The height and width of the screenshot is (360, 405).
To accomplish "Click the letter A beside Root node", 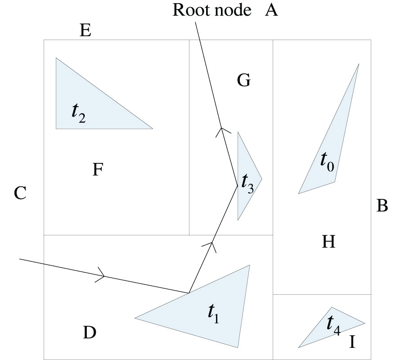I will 271,10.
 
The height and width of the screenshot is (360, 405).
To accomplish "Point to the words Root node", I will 211,10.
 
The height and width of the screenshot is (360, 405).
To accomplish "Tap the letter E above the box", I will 85,31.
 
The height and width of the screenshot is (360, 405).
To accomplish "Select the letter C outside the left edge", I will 20,194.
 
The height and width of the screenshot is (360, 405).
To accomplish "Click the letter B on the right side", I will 382,206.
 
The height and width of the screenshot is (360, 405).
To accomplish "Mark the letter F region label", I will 98,170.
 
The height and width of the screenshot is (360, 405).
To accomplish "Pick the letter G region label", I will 243,81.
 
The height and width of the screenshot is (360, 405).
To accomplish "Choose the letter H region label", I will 328,243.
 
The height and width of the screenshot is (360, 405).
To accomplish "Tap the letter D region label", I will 90,333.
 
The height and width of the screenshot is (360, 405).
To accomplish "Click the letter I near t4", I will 352,343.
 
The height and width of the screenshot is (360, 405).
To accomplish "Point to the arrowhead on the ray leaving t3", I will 221,130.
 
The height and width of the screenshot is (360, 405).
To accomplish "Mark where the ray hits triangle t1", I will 189,293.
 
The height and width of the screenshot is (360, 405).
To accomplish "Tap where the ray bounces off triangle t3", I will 238,185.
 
